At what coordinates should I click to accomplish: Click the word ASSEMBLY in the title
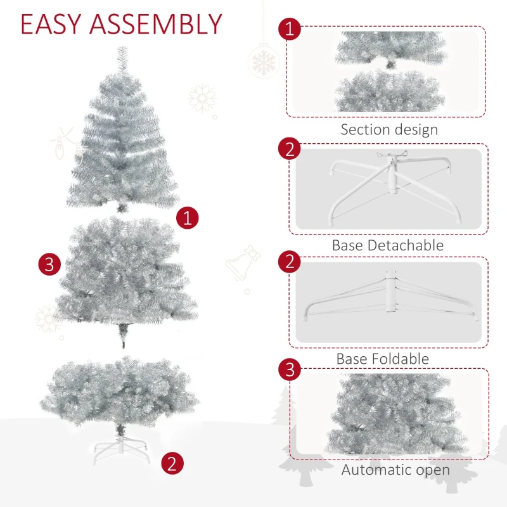pyautogui.click(x=155, y=23)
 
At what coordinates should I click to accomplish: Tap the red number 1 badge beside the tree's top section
pyautogui.click(x=187, y=218)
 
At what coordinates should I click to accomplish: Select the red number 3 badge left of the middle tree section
pyautogui.click(x=49, y=264)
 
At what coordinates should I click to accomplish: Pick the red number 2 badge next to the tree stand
pyautogui.click(x=172, y=463)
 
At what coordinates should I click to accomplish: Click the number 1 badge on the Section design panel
pyautogui.click(x=289, y=29)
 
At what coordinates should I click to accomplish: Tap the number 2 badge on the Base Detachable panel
pyautogui.click(x=289, y=149)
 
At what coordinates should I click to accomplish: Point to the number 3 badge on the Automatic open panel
pyautogui.click(x=289, y=369)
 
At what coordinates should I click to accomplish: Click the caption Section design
pyautogui.click(x=388, y=130)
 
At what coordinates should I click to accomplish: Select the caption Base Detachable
pyautogui.click(x=387, y=245)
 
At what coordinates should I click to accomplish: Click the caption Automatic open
pyautogui.click(x=395, y=470)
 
